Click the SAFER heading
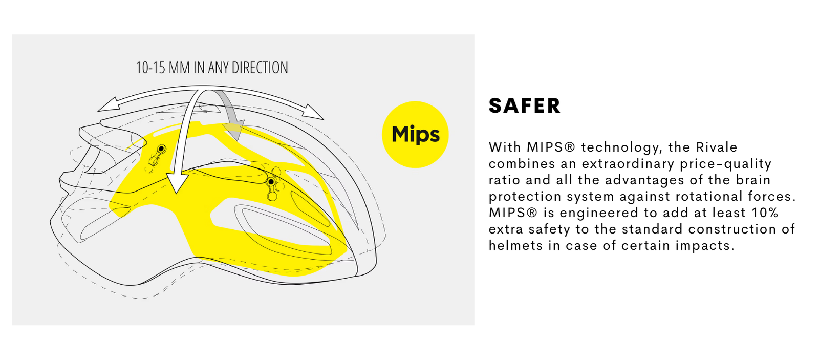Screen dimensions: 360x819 524,106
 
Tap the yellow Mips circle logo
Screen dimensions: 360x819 415,134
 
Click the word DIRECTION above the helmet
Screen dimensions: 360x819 260,68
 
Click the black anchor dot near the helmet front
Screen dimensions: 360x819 161,149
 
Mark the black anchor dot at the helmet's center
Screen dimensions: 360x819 271,182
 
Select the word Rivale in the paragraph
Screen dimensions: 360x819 717,147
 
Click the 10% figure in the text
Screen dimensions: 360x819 765,213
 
